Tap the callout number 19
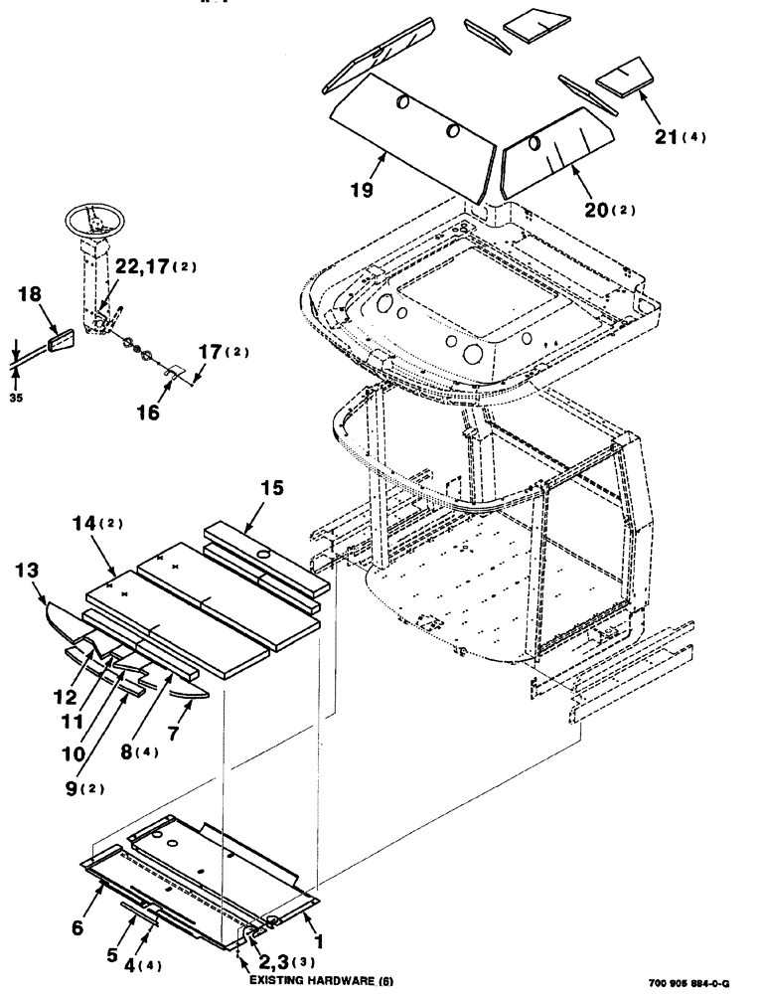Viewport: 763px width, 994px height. click(362, 190)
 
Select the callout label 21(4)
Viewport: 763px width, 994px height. click(680, 137)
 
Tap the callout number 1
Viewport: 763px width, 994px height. click(321, 937)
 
